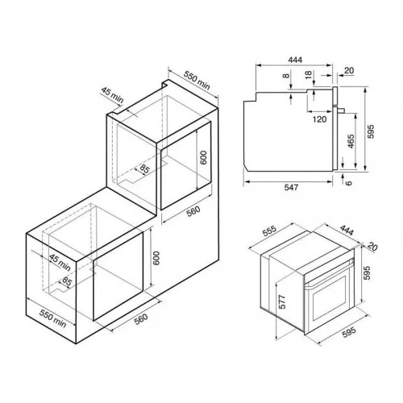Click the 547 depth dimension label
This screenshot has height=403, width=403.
[291, 187]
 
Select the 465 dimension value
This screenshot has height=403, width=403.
[351, 141]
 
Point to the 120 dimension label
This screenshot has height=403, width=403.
[319, 119]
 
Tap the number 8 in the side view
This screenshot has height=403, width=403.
[287, 76]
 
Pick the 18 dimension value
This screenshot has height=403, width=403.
[309, 74]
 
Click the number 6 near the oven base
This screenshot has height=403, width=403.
[348, 183]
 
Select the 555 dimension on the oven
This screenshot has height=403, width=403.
[269, 231]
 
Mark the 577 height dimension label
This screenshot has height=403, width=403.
[282, 301]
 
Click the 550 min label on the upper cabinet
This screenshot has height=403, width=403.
[197, 80]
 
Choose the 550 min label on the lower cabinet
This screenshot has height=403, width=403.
[53, 318]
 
